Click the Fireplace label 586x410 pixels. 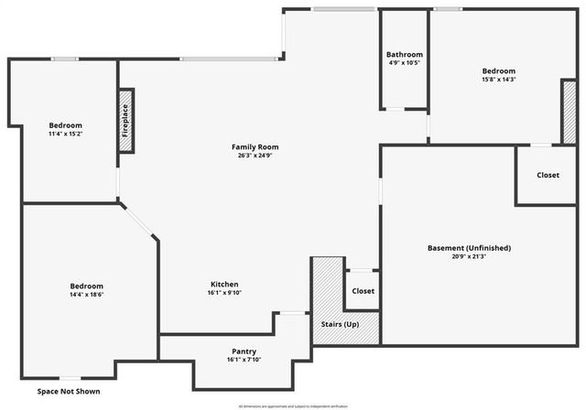[125, 121]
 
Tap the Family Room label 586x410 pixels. [255, 146]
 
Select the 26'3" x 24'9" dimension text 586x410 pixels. [255, 155]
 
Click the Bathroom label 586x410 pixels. [404, 54]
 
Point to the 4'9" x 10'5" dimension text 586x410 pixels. [404, 62]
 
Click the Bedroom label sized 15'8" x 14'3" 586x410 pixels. [499, 70]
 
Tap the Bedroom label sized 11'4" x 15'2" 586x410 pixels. [66, 125]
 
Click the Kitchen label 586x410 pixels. [224, 285]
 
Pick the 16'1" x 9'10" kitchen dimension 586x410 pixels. [224, 293]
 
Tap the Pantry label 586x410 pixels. [244, 351]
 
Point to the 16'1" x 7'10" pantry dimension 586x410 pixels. [244, 360]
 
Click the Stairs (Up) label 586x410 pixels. [339, 325]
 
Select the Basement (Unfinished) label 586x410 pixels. [469, 248]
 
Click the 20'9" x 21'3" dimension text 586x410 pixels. [469, 256]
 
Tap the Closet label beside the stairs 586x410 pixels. [363, 291]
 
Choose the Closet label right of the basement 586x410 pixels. [548, 175]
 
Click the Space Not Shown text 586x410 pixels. [69, 392]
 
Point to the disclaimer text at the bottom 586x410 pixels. [293, 405]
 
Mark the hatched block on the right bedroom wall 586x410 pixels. [569, 112]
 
